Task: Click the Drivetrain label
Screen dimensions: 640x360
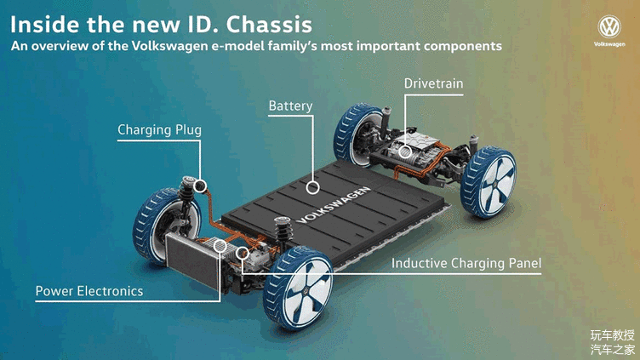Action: click(433, 83)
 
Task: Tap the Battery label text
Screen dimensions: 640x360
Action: click(290, 106)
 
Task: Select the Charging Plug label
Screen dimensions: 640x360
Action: click(159, 130)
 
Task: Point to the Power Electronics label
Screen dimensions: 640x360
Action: click(89, 291)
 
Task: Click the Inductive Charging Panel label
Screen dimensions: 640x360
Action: click(466, 263)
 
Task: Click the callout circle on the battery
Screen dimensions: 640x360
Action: click(313, 188)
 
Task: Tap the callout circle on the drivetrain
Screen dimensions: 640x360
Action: click(405, 151)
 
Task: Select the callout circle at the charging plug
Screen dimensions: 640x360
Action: click(200, 186)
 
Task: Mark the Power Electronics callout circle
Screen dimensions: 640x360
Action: click(220, 246)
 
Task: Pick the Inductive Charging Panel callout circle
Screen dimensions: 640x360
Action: click(242, 253)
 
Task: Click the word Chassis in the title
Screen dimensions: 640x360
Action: click(270, 25)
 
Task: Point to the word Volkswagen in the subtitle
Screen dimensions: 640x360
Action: click(169, 46)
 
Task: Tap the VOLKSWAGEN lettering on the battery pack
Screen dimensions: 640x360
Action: click(334, 205)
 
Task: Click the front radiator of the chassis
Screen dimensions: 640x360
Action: click(191, 260)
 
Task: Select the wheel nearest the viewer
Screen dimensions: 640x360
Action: click(298, 287)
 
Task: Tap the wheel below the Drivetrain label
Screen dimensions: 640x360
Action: click(356, 134)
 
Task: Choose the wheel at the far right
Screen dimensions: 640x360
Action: click(489, 182)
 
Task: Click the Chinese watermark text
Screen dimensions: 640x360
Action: click(612, 342)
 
